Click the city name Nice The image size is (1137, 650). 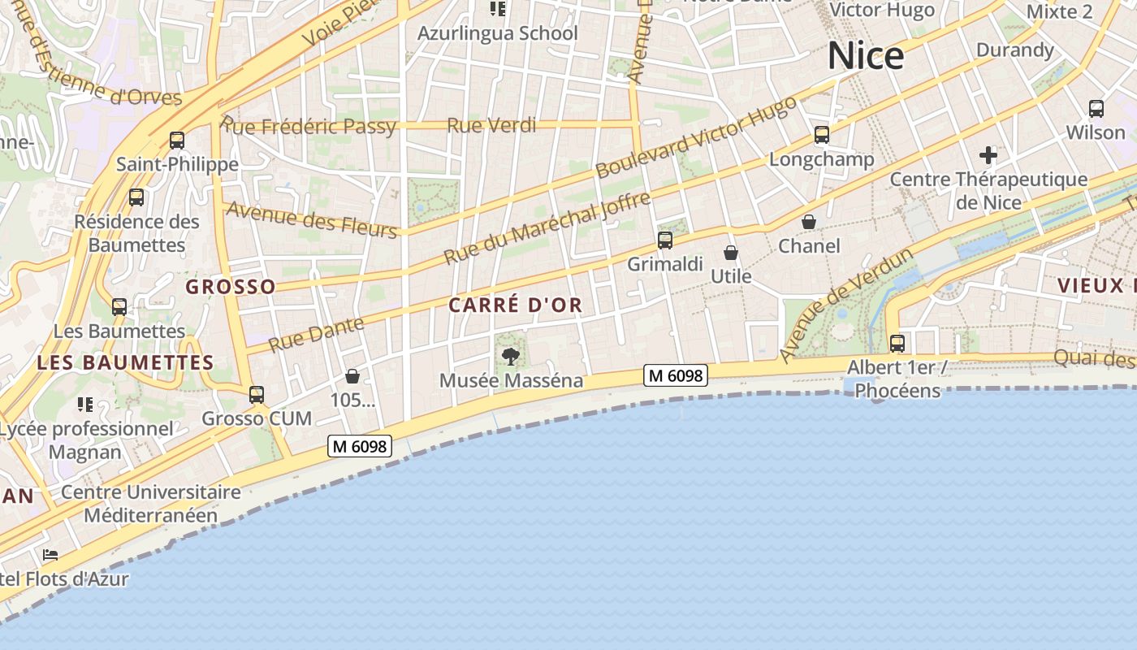coord(866,56)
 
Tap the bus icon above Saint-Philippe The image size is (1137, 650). coord(177,140)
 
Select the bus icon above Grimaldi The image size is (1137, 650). coord(665,240)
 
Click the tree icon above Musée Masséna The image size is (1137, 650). coord(511,355)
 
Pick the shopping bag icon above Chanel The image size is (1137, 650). coord(809,221)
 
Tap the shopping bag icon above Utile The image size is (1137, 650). coord(731,253)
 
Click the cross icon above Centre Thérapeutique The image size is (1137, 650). coord(988,154)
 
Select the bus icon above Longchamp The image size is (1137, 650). coord(822,134)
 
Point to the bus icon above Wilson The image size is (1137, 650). coord(1096,108)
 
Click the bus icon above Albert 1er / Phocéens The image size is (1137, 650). coord(897,343)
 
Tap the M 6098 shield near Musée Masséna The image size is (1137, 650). coord(676,375)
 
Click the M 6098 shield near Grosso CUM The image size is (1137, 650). coord(360,446)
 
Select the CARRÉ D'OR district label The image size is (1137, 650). coord(516,305)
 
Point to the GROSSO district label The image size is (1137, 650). coord(231,287)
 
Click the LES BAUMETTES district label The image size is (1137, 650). coord(125,363)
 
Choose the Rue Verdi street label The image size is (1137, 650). coord(492,125)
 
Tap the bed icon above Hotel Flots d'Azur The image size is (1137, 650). coord(50,556)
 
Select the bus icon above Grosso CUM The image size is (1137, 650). coord(257,395)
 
